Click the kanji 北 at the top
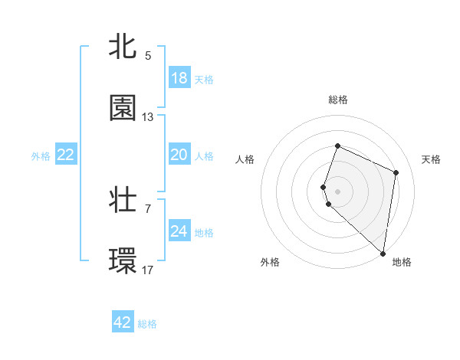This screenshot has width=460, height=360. tap(123, 47)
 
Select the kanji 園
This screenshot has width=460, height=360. tap(123, 108)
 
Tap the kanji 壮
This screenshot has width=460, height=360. tap(123, 201)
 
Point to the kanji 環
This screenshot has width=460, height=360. tap(123, 260)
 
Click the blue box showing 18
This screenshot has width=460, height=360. tap(179, 78)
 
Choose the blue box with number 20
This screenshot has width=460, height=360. tap(179, 155)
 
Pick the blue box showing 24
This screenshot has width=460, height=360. tap(179, 231)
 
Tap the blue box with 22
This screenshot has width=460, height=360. tap(66, 155)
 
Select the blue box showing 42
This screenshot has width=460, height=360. tap(123, 322)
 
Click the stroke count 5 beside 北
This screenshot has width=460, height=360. tap(148, 56)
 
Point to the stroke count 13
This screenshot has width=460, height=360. tap(148, 117)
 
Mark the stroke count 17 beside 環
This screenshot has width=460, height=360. tap(148, 270)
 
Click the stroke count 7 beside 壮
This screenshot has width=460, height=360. tap(148, 209)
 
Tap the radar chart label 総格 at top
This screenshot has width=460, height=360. tap(338, 100)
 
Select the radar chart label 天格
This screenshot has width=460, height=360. tap(431, 159)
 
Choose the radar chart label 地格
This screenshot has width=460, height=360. tap(402, 262)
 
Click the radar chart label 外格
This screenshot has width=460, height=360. tap(270, 262)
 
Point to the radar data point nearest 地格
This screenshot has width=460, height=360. tap(383, 254)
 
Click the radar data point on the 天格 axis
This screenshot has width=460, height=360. tap(396, 172)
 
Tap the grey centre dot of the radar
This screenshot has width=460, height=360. tap(338, 191)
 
